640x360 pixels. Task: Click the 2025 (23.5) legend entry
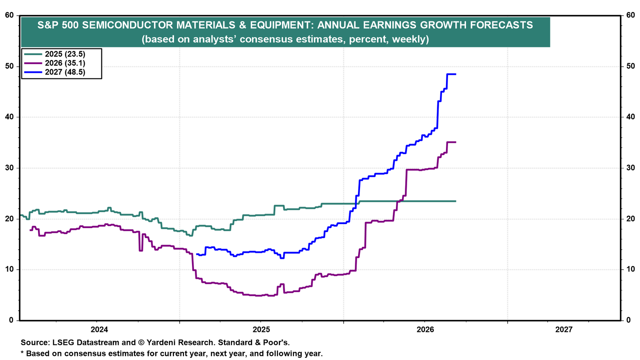click(55, 54)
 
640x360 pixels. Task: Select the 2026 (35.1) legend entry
click(55, 63)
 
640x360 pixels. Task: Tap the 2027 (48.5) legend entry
click(55, 72)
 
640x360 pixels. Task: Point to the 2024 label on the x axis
click(99, 330)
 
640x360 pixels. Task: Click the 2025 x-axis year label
click(261, 330)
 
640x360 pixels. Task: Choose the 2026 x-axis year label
click(425, 330)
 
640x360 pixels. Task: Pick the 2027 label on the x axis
click(564, 330)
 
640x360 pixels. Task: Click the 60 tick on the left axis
click(10, 15)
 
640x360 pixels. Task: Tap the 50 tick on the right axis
click(630, 66)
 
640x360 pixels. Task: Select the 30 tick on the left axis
click(10, 168)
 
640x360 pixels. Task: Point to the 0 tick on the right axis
click(628, 320)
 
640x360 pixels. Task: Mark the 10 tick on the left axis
click(10, 270)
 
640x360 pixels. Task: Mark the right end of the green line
click(456, 201)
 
